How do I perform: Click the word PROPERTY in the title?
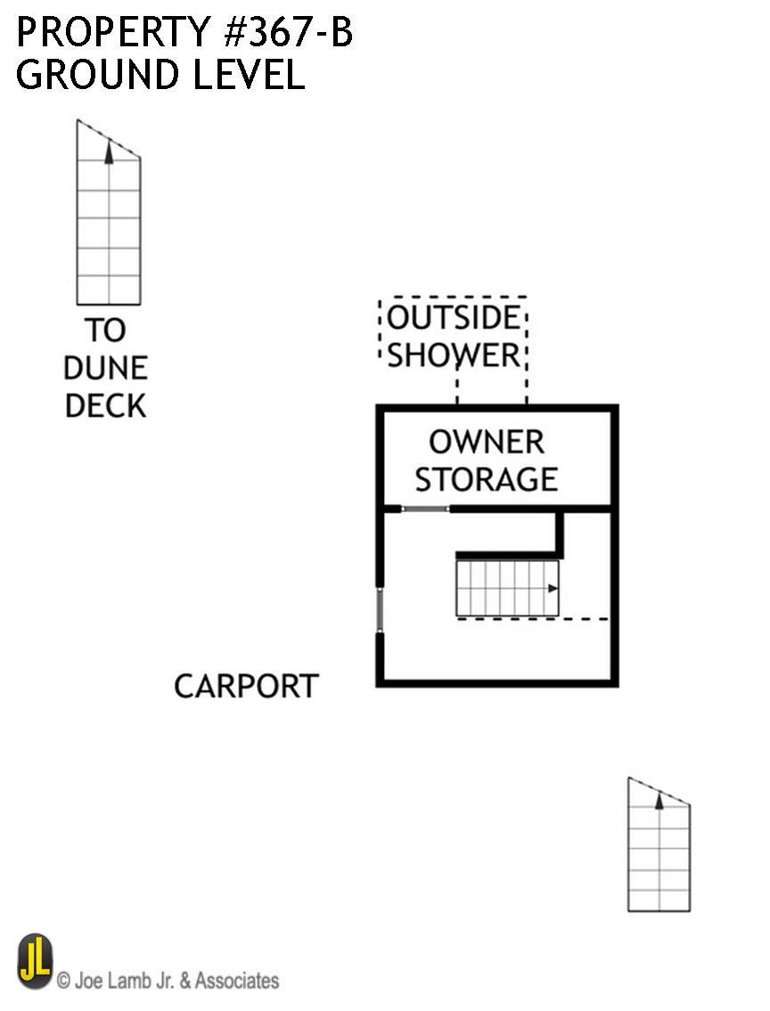coord(113,32)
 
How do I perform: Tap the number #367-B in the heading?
coord(288,32)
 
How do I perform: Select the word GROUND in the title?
coord(97,74)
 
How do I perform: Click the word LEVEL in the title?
coord(249,74)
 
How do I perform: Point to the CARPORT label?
coord(246,686)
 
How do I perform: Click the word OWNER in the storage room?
coord(487,443)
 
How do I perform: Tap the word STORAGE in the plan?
coord(487,480)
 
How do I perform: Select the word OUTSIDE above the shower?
coord(454,317)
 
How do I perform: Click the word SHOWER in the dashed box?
coord(454,355)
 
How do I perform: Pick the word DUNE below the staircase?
coord(106,368)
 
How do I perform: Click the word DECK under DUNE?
coord(106,406)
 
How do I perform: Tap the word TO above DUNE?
coord(105,330)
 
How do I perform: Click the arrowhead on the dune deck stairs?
coord(109,153)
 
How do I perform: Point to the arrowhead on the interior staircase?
coord(553,588)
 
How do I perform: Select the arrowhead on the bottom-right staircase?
coord(659,801)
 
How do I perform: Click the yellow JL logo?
coord(36,961)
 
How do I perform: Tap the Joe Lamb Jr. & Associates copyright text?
coord(168,981)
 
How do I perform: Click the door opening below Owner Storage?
coord(426,509)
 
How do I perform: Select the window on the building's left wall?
coord(380,610)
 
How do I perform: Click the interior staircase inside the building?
coord(507,588)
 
